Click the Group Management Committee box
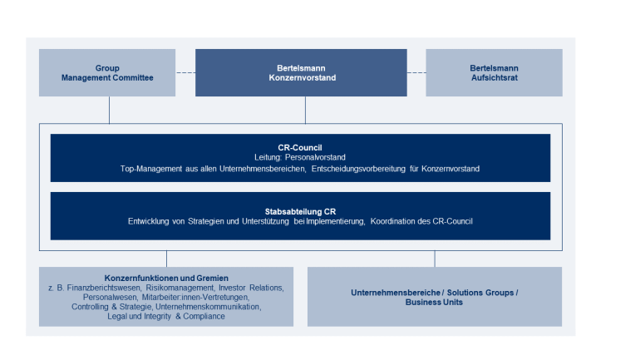click(x=107, y=72)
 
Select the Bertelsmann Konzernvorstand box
click(x=301, y=72)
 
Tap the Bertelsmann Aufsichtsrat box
click(x=494, y=72)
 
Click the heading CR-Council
click(x=300, y=148)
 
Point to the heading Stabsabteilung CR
click(x=300, y=212)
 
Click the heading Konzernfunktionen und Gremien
click(x=166, y=278)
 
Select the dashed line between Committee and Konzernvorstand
click(x=185, y=72)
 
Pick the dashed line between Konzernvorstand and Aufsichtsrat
click(x=416, y=72)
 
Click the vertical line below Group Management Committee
click(x=109, y=110)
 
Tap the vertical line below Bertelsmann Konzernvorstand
click(x=305, y=110)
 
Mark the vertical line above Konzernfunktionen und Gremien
click(x=166, y=259)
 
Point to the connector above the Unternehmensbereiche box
click(x=435, y=259)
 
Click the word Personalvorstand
click(x=315, y=157)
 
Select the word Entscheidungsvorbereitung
click(x=359, y=169)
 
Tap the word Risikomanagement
click(x=180, y=288)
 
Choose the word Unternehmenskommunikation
click(x=208, y=307)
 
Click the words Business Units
click(x=434, y=303)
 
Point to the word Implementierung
click(x=336, y=222)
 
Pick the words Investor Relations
click(x=251, y=288)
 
